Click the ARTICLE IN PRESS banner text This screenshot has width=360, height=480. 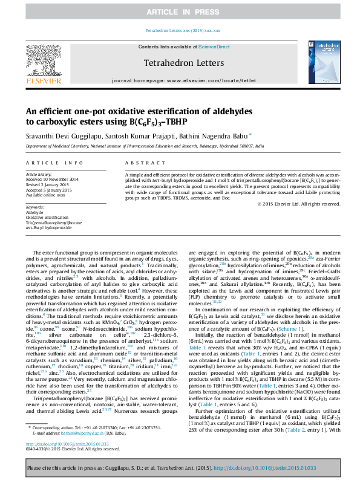click(x=180, y=11)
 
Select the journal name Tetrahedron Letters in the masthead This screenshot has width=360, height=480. click(x=180, y=62)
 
